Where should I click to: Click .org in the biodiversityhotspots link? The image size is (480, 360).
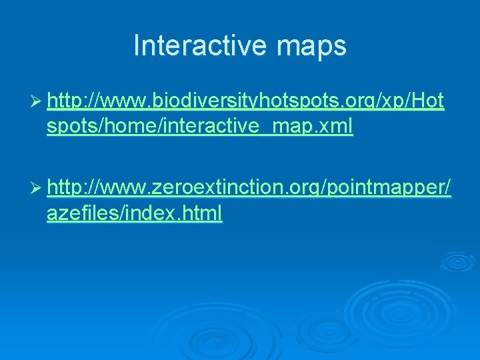(x=353, y=102)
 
